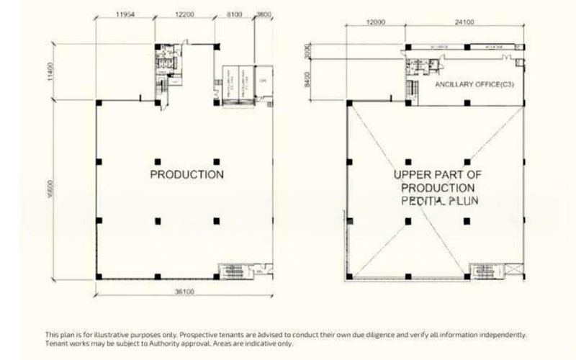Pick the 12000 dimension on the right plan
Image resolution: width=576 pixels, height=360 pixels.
pos(375,22)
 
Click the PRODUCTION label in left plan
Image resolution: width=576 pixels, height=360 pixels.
pos(186,174)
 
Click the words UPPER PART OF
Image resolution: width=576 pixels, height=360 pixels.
pos(437,175)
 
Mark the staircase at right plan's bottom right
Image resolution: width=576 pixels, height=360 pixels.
pos(481,271)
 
